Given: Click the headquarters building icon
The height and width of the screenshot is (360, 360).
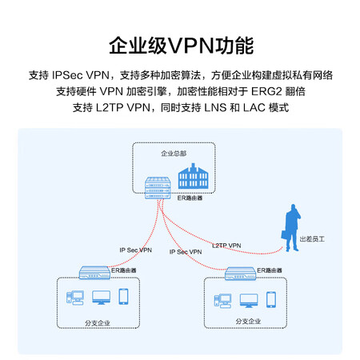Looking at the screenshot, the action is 193,176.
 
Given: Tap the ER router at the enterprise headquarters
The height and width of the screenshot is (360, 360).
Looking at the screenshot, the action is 158,188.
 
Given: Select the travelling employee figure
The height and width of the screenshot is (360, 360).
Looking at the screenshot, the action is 291,228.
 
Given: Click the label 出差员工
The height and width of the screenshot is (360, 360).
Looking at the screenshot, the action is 312,239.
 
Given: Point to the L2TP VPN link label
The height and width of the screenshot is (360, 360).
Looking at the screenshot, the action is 226,246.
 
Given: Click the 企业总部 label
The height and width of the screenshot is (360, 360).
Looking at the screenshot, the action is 174,154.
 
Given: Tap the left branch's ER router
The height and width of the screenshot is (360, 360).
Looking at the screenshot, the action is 94,273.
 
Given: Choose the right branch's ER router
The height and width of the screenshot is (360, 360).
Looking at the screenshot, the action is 240,274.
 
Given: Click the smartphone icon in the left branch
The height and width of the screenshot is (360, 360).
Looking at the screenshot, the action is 123,297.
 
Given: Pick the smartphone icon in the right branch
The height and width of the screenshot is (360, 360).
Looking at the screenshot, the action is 271,299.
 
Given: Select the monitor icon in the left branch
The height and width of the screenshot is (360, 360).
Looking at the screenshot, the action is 101,298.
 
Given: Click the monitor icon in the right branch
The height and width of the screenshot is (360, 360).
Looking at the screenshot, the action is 249,301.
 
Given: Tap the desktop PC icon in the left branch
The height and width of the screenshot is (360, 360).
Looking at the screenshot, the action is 75,298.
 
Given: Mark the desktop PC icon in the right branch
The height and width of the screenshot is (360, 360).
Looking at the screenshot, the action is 222,301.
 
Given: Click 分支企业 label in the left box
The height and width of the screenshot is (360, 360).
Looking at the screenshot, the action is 98,323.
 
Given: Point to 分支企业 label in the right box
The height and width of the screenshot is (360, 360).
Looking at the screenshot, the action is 248,322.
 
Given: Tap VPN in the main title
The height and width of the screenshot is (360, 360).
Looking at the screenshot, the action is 191,46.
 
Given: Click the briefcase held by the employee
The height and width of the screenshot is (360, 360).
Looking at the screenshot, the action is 285,235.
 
